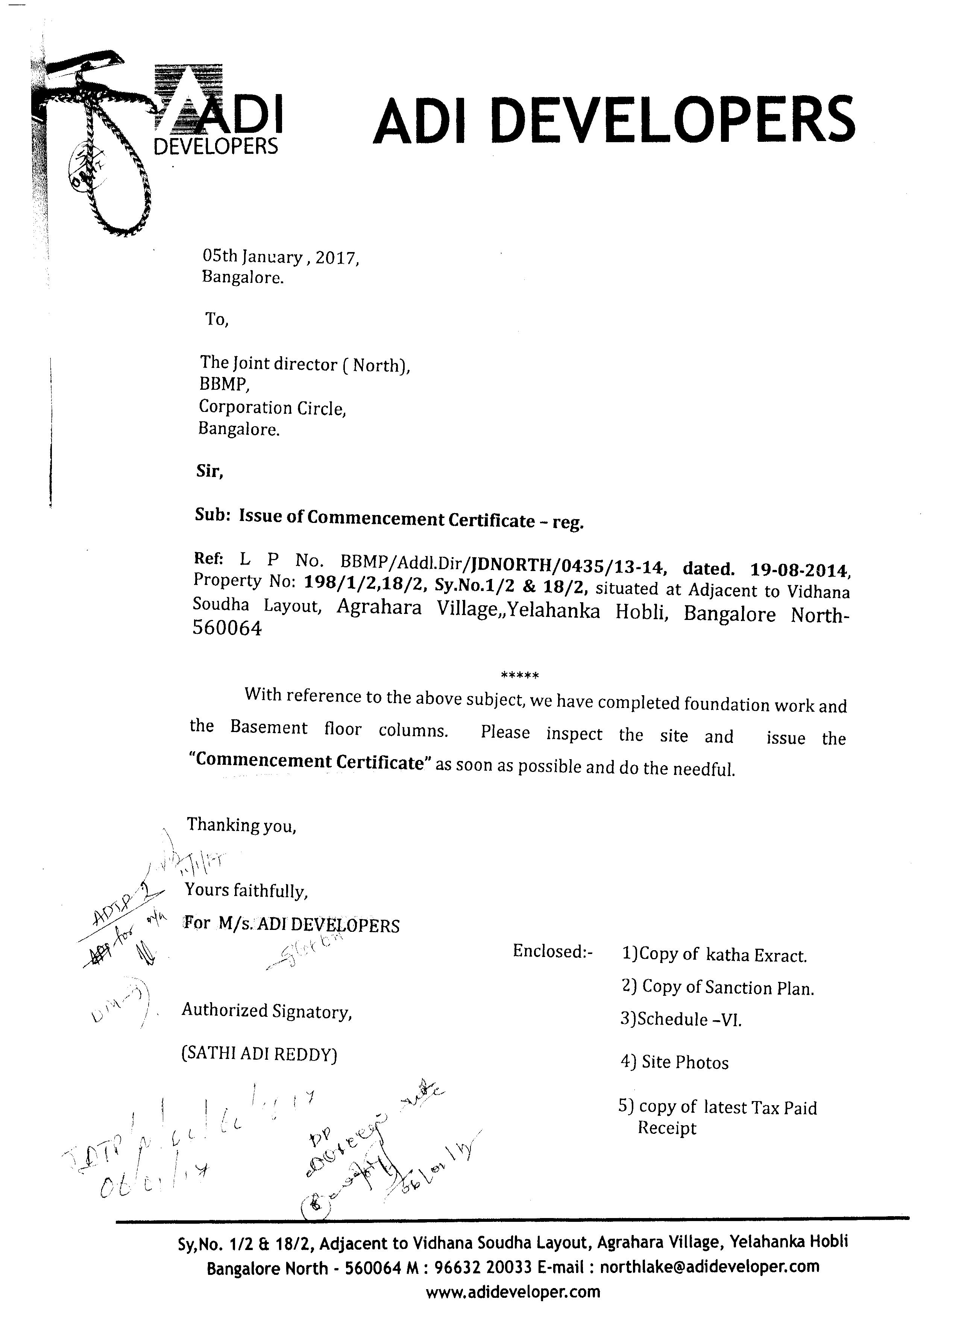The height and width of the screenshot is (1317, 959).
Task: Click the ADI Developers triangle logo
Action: [x=218, y=113]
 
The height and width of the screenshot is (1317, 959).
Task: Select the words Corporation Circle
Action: [x=272, y=408]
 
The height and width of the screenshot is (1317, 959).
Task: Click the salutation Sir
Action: [x=209, y=471]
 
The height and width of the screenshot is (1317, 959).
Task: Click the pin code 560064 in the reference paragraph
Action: [x=227, y=628]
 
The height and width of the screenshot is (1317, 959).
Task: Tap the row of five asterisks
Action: [x=520, y=675]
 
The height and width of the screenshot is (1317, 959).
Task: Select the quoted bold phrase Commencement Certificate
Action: [x=310, y=761]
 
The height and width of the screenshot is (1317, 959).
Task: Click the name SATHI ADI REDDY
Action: [x=259, y=1054]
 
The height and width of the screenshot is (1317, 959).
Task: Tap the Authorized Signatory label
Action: [x=267, y=1011]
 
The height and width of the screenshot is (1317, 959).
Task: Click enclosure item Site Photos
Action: [x=675, y=1062]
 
